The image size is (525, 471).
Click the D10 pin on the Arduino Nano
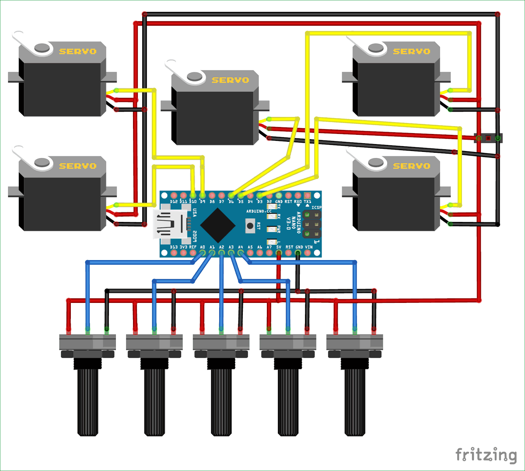coord(193,195)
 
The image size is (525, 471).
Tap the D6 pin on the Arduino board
coord(231,195)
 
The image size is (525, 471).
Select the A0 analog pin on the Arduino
coord(203,253)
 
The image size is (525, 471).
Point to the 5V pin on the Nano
coord(279,253)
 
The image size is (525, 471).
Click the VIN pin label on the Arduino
coord(308,247)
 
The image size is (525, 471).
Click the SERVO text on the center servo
coord(230,80)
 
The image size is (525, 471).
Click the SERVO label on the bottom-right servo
coord(411,166)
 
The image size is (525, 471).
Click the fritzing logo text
coord(486,455)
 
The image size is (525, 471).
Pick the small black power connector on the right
coord(488,138)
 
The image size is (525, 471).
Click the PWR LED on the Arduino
coord(272,229)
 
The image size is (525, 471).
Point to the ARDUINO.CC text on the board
coord(259,211)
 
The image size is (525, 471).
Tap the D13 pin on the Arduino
coord(174,253)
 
